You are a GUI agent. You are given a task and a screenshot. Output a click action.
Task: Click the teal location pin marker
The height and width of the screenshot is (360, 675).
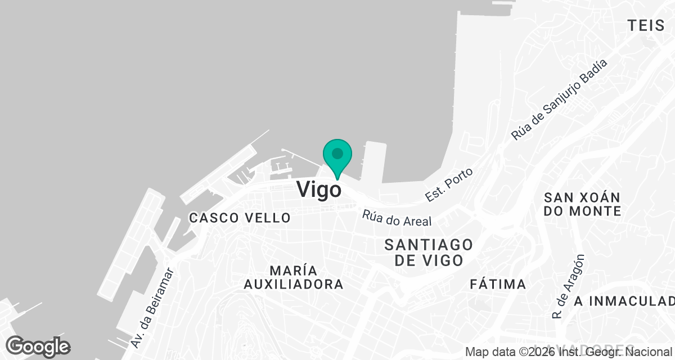[337, 157]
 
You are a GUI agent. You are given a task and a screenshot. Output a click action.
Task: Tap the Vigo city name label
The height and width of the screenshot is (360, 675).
[318, 189]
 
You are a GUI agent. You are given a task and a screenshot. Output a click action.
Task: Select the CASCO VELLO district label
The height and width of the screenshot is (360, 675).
[240, 218]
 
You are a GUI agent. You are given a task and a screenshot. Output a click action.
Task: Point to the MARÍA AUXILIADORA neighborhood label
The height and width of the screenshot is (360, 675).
[293, 277]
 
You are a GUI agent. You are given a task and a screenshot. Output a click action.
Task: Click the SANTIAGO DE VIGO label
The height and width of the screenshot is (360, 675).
[429, 253]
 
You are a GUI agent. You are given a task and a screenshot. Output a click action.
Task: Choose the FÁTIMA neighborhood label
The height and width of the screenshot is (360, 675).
[498, 284]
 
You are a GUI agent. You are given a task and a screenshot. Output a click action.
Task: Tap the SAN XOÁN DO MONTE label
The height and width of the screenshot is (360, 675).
[582, 204]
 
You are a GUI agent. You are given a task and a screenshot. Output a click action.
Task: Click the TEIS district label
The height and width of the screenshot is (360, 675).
[650, 25]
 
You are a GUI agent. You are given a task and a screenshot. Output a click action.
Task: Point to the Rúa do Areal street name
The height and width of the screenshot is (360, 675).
[397, 218]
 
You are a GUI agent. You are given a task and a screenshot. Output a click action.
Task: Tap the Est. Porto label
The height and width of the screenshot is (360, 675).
[449, 184]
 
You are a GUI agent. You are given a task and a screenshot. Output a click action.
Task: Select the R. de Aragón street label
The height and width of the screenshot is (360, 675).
[569, 287]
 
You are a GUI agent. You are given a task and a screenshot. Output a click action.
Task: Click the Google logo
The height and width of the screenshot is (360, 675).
[38, 346]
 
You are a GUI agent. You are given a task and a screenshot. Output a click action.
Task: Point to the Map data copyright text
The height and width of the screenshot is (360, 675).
[568, 353]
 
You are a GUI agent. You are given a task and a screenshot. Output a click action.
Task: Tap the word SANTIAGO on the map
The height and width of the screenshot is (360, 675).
[429, 245]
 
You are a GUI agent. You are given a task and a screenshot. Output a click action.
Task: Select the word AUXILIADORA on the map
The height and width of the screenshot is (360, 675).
[293, 284]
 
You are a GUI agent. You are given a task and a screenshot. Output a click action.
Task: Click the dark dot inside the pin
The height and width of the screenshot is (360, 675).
[337, 153]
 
